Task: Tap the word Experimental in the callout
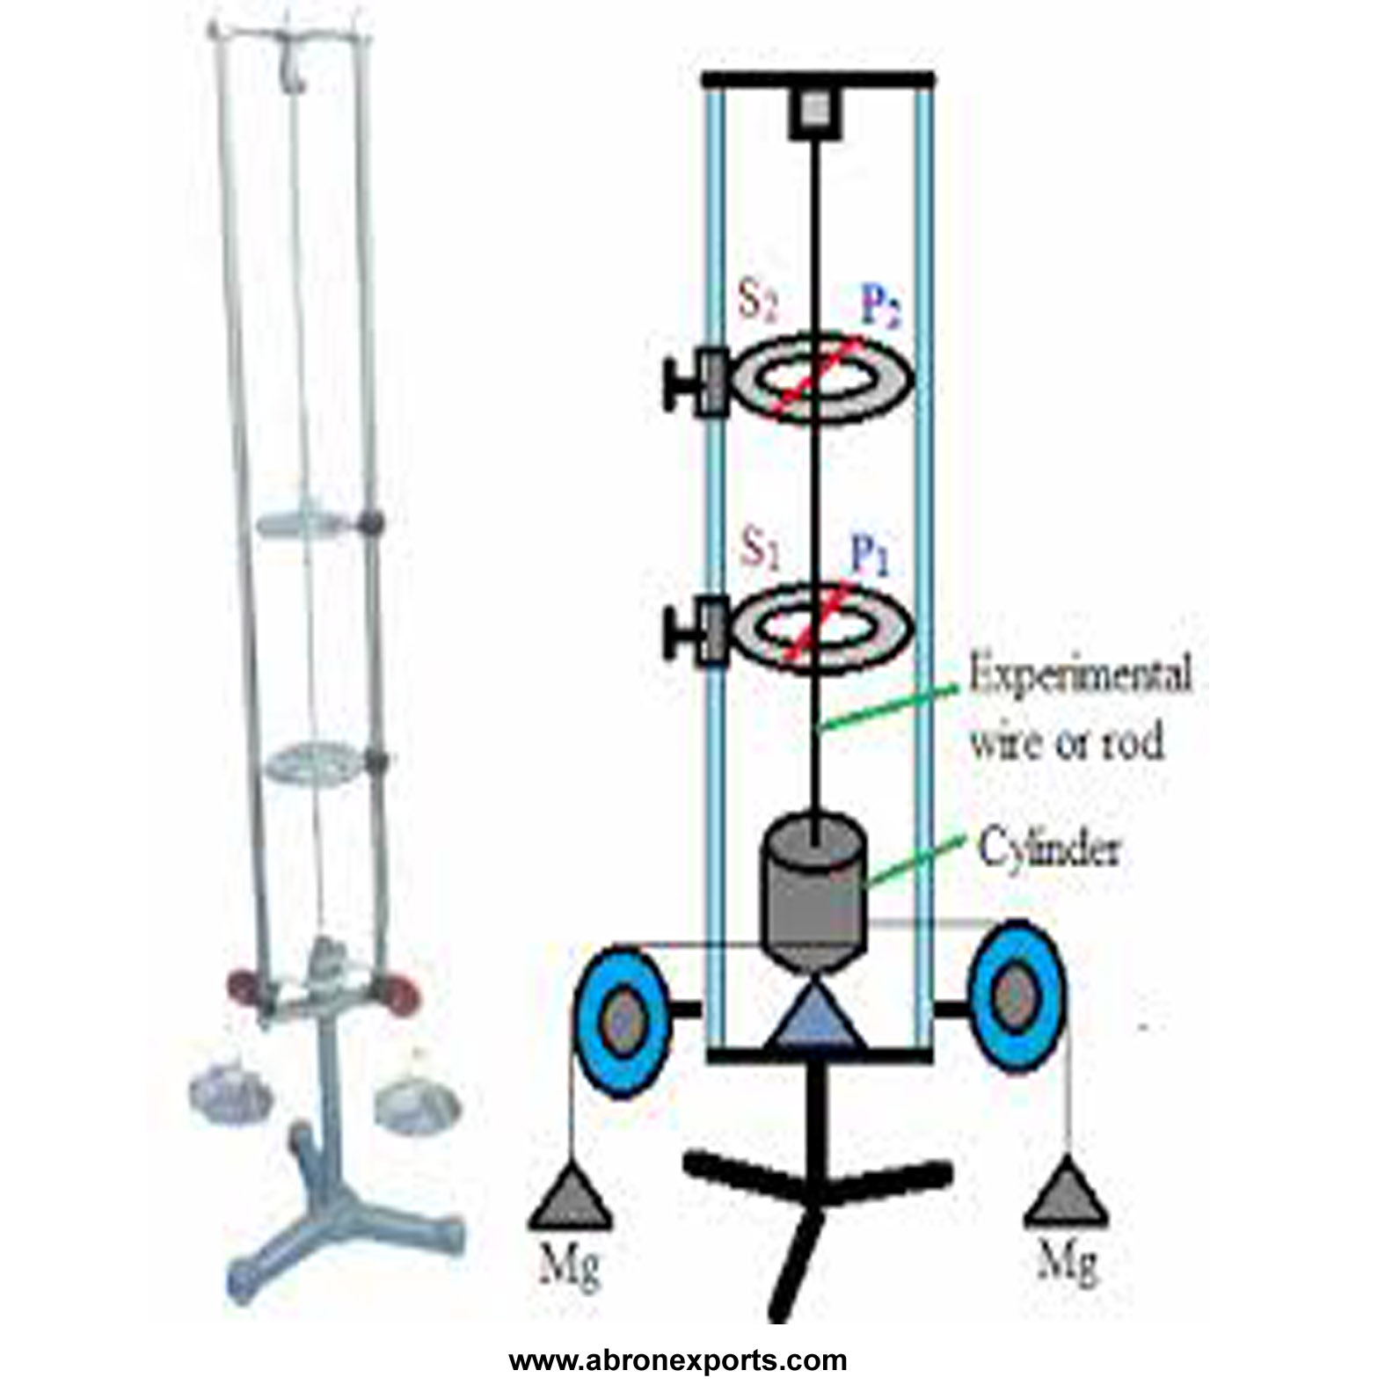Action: tap(1080, 675)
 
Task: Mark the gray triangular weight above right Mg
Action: tap(1066, 1193)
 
